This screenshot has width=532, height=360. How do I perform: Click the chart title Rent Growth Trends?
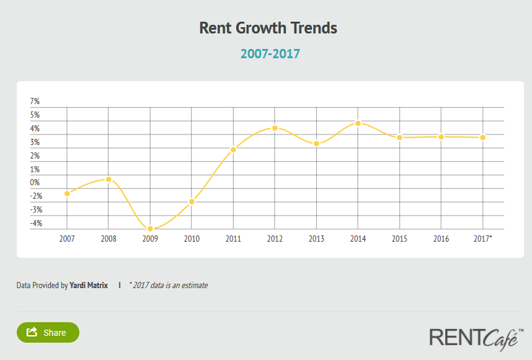coord(268,28)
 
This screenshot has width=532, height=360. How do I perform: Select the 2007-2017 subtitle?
coord(270,54)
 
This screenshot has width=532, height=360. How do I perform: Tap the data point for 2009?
coord(150,229)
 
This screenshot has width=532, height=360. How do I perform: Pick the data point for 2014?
coord(358,123)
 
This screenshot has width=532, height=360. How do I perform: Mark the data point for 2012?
coord(275,128)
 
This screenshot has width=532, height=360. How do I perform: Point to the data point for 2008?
coord(109,179)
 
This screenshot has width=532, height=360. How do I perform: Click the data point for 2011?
coord(233,149)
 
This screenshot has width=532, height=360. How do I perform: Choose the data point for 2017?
coord(482,137)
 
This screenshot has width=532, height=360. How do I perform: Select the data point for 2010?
coord(192,202)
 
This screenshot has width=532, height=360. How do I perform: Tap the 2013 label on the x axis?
coord(316,239)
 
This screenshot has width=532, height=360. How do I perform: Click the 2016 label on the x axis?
coord(441,239)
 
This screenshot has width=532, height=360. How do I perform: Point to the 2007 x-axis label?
coord(67,239)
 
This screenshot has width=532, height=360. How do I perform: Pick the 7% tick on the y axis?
coord(35,101)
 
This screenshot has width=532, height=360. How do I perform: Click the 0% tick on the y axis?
coord(35,183)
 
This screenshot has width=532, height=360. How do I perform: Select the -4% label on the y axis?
coord(35,224)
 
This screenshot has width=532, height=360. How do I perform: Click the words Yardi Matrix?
coord(89,286)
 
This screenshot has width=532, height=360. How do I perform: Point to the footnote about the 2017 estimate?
coord(168,286)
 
